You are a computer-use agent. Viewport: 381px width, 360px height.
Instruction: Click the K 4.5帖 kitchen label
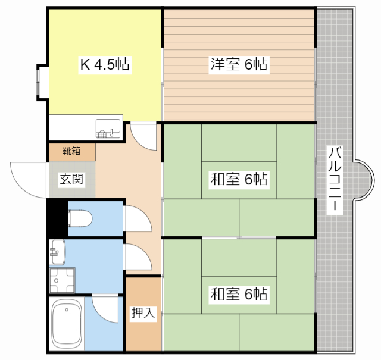click(x=105, y=64)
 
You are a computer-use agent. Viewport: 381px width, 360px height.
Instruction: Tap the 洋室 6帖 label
click(x=239, y=64)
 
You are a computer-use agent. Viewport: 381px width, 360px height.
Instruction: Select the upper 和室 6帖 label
click(x=239, y=179)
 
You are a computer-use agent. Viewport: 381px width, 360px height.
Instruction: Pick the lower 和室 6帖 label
click(x=239, y=294)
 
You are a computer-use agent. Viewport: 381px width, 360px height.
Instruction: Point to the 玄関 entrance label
click(x=71, y=179)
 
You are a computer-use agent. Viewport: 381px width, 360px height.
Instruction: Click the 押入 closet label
click(x=143, y=312)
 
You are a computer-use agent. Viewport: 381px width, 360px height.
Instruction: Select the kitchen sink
click(x=108, y=129)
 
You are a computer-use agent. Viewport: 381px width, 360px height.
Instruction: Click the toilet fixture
click(x=80, y=218)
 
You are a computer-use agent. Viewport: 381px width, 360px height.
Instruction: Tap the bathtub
click(x=67, y=323)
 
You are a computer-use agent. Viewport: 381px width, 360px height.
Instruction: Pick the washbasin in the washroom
click(x=57, y=252)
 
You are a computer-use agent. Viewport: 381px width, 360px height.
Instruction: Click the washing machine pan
click(x=62, y=280)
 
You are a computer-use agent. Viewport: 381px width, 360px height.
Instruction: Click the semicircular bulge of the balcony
click(x=363, y=180)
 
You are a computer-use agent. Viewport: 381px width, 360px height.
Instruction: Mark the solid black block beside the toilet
click(x=58, y=217)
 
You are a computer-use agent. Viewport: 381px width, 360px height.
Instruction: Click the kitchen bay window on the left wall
click(x=43, y=82)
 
